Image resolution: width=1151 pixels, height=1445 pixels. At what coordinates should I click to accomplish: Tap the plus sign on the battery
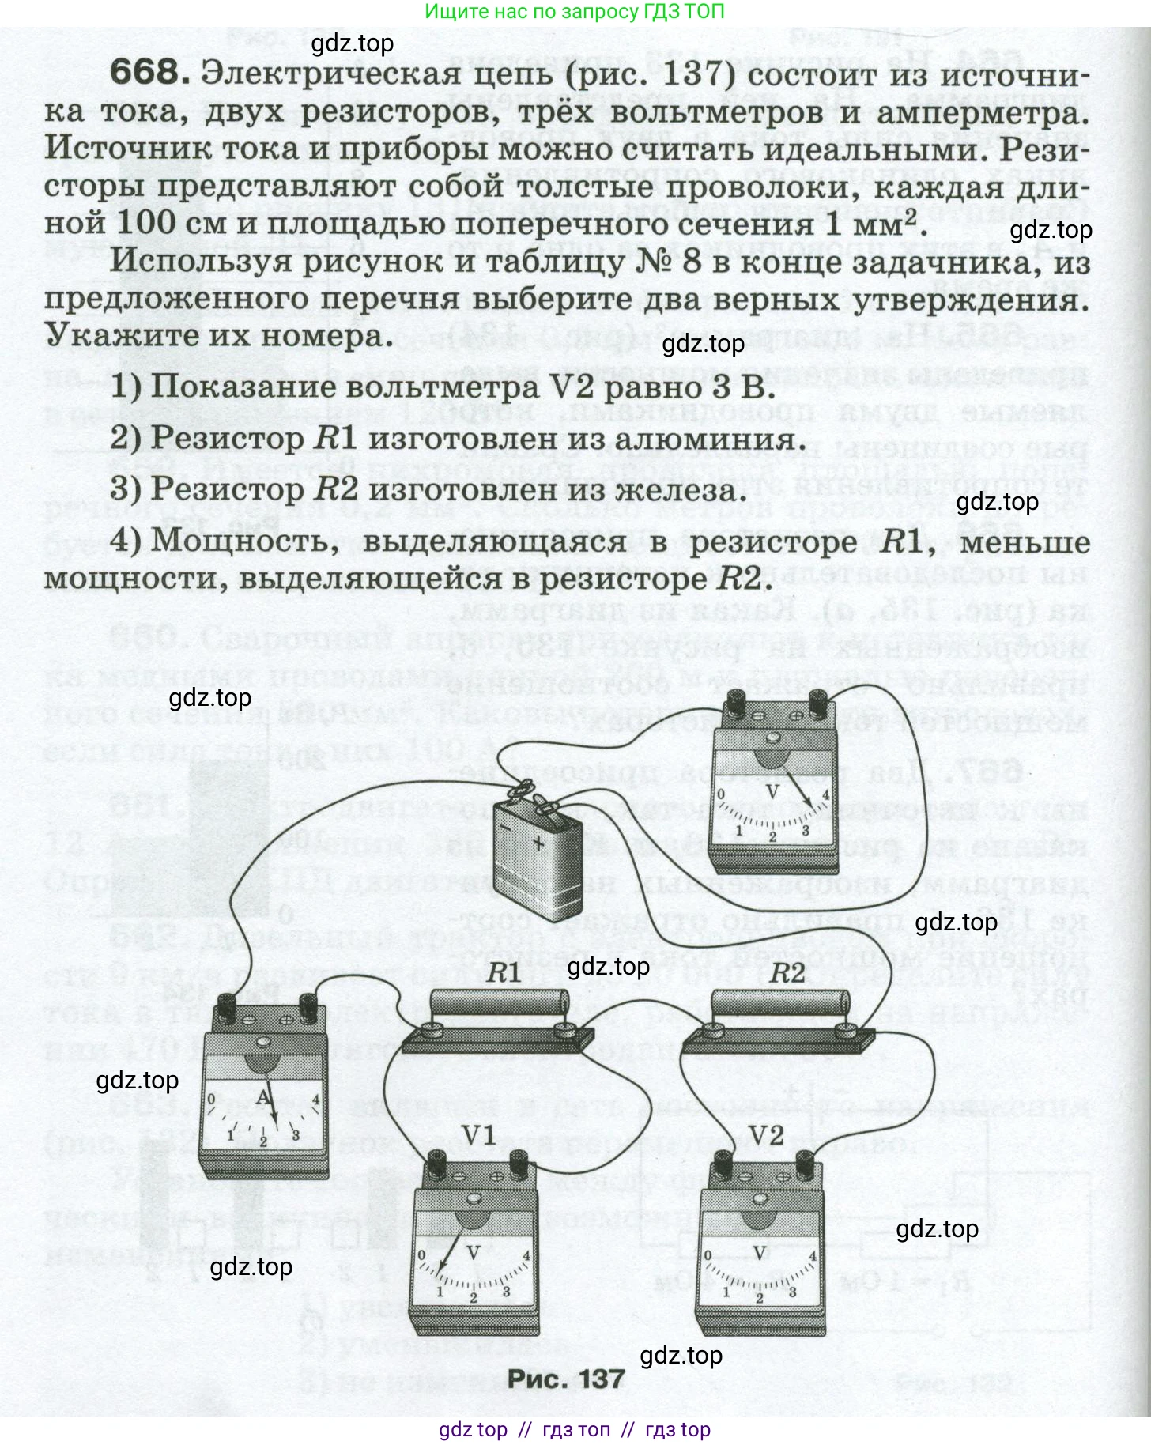pos(539,843)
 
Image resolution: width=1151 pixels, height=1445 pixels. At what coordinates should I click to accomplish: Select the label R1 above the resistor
pos(503,973)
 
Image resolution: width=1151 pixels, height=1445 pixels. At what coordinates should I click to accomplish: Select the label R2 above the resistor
pos(787,973)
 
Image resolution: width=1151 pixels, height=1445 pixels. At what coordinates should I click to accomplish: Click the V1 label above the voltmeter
pos(478,1136)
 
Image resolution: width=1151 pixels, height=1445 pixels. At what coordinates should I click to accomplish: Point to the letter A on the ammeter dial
pos(263,1098)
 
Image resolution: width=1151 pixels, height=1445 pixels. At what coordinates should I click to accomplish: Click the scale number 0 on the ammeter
pos(211,1100)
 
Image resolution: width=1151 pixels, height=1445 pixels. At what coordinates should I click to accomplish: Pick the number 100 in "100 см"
pos(146,223)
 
